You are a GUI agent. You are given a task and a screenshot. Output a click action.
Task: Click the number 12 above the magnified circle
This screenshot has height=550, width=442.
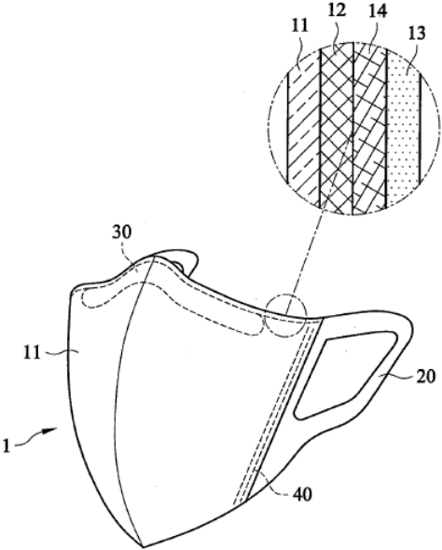point(338,10)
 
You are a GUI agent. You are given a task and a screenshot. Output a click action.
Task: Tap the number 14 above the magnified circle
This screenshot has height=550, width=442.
point(378,11)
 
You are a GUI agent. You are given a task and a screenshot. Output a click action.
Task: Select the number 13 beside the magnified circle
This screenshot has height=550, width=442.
point(416,34)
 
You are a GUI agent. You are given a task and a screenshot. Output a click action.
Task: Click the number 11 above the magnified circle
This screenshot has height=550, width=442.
point(298,25)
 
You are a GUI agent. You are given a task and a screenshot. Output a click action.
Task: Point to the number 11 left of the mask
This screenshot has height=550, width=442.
point(33,353)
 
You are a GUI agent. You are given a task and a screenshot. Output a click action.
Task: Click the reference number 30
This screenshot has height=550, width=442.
point(122,232)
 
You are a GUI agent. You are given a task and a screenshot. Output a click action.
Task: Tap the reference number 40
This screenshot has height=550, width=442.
point(302,495)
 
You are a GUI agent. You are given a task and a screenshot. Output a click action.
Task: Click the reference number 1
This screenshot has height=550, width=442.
point(6,447)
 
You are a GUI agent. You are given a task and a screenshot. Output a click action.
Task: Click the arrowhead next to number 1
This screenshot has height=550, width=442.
point(52,430)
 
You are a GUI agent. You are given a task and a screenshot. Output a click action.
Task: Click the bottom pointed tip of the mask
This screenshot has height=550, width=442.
point(142,546)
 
